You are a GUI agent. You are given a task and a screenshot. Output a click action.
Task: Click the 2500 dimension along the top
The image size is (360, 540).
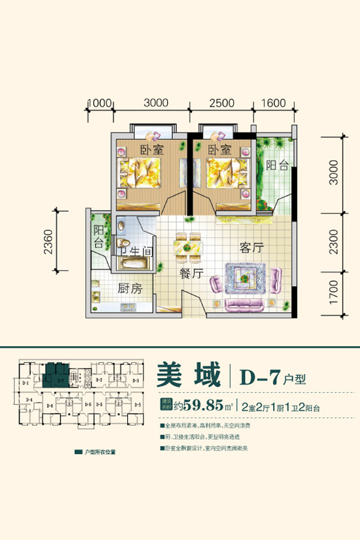pos(221,103)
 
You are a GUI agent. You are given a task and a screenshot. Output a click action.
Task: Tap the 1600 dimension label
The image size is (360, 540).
pos(273,103)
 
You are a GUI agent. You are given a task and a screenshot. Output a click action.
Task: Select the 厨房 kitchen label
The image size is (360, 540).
pos(130,289)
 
